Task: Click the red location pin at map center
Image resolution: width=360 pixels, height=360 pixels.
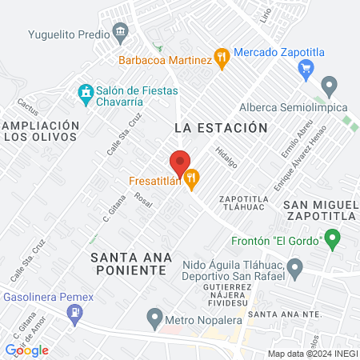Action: tap(180, 159)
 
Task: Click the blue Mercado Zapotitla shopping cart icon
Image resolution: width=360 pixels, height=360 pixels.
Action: tap(305, 69)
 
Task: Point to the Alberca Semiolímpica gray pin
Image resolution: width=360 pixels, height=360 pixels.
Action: tap(329, 85)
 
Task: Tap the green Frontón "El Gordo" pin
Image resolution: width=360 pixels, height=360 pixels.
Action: tap(332, 238)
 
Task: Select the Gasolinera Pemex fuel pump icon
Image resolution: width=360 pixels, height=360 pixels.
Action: tap(76, 314)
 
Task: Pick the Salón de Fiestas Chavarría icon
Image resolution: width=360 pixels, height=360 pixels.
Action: tap(84, 94)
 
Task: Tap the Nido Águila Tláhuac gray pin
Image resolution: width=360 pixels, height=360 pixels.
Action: tap(295, 267)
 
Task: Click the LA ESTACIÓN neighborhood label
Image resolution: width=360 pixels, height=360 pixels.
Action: tap(220, 127)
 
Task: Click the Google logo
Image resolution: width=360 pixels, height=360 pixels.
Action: tap(27, 350)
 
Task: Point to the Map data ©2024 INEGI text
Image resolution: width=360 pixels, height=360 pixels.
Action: tap(311, 354)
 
